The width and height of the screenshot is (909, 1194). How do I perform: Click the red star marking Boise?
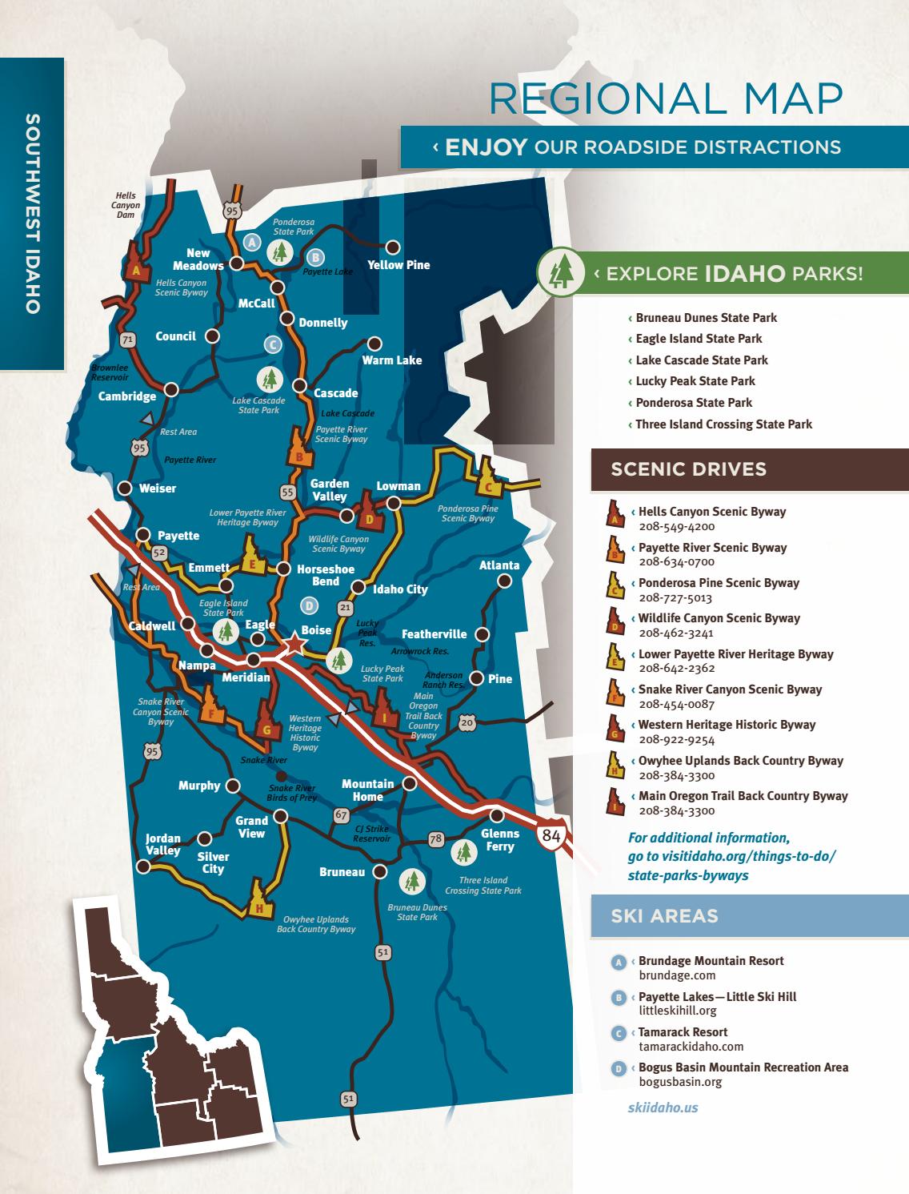tap(295, 643)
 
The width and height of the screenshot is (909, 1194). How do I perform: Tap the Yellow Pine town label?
tap(398, 265)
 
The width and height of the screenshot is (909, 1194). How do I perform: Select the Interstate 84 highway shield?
tap(551, 835)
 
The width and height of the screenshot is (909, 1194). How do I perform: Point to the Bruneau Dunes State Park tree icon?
tap(411, 882)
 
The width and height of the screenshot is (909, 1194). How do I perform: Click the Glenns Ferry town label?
tap(499, 840)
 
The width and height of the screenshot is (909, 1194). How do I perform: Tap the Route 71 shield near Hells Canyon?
tap(126, 340)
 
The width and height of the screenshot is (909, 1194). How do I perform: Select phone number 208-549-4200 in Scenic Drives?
tap(676, 527)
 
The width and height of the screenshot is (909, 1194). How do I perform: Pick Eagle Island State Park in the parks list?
tap(698, 339)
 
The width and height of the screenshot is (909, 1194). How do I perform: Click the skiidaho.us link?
tap(657, 1108)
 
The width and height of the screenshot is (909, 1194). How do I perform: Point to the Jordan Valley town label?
tap(162, 844)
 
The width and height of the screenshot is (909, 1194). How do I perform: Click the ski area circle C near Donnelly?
tap(273, 344)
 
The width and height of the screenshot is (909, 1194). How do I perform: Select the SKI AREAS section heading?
tap(664, 916)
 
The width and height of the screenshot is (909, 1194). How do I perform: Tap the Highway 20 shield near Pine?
tap(467, 723)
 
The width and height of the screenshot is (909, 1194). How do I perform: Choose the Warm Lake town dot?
tap(374, 344)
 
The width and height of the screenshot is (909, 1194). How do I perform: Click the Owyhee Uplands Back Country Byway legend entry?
tap(740, 761)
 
